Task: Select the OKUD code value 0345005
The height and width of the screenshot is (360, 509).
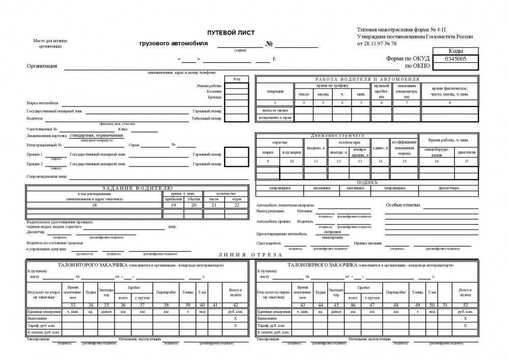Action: pyautogui.click(x=456, y=59)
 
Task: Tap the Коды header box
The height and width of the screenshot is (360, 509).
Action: pyautogui.click(x=456, y=51)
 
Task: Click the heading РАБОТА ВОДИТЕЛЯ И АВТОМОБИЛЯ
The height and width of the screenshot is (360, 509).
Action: pyautogui.click(x=367, y=79)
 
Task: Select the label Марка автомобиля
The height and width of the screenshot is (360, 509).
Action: pyautogui.click(x=42, y=102)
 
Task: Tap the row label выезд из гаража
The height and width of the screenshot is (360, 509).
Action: pyautogui.click(x=275, y=110)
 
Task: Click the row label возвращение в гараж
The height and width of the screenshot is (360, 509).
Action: pyautogui.click(x=275, y=118)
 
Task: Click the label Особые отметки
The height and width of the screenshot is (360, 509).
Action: pyautogui.click(x=403, y=205)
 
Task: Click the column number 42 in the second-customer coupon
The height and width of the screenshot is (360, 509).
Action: pyautogui.click(x=235, y=304)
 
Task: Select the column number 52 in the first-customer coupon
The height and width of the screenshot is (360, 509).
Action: pyautogui.click(x=465, y=304)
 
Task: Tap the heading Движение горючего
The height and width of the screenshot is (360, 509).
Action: pyautogui.click(x=337, y=135)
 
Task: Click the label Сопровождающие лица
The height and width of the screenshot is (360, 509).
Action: pyautogui.click(x=47, y=177)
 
